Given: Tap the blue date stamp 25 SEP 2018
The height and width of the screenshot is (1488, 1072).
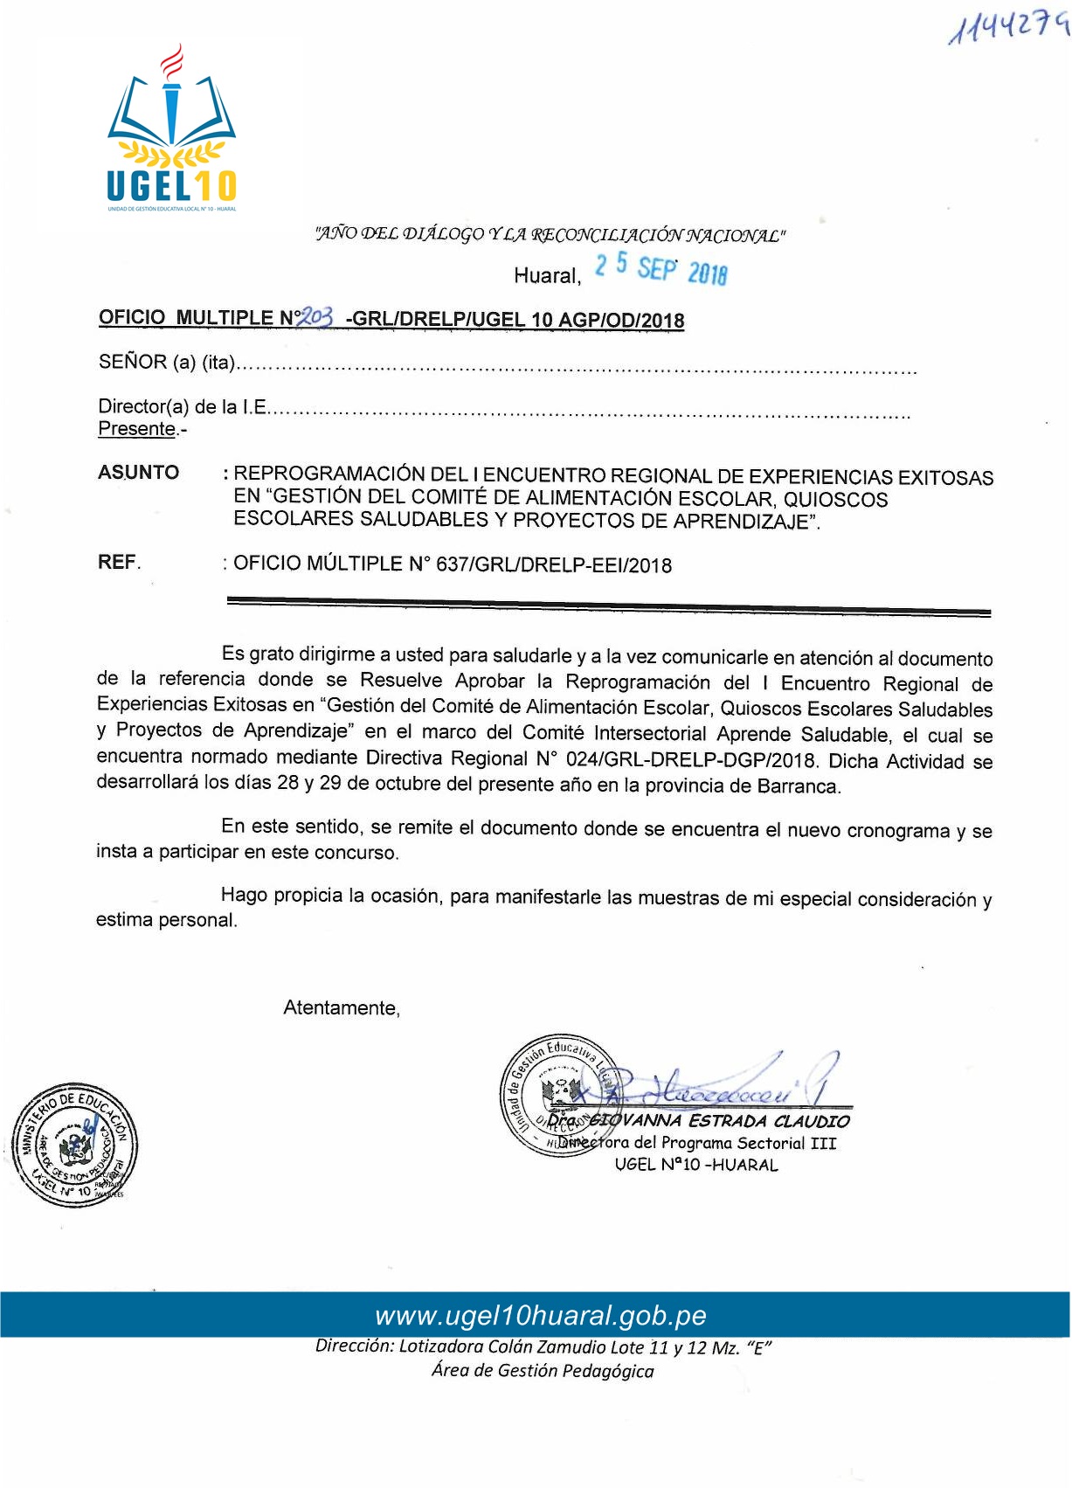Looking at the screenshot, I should tap(660, 268).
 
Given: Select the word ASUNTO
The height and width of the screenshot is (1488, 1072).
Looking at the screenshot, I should tap(139, 473).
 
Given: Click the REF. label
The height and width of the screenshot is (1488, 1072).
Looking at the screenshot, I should tap(119, 563).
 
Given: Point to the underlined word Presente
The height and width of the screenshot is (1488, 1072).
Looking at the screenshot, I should tap(137, 429).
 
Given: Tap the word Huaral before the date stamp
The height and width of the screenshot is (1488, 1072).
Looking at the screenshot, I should tap(547, 276).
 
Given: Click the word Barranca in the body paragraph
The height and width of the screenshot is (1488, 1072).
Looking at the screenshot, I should tap(797, 786).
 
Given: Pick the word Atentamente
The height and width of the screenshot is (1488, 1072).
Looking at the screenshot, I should tap(342, 1008).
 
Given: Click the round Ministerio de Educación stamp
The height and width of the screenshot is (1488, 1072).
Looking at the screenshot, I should tap(73, 1145).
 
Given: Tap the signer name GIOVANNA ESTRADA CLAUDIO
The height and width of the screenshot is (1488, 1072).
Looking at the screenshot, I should tap(718, 1121).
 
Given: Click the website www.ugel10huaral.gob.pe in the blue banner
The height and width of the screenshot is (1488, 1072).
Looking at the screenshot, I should tap(541, 1316).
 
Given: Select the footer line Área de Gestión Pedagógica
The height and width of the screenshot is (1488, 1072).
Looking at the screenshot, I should tap(542, 1371).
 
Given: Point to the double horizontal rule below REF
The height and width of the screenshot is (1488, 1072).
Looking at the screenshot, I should tap(608, 606).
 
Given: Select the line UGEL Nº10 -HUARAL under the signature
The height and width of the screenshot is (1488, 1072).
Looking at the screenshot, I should tap(696, 1165).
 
